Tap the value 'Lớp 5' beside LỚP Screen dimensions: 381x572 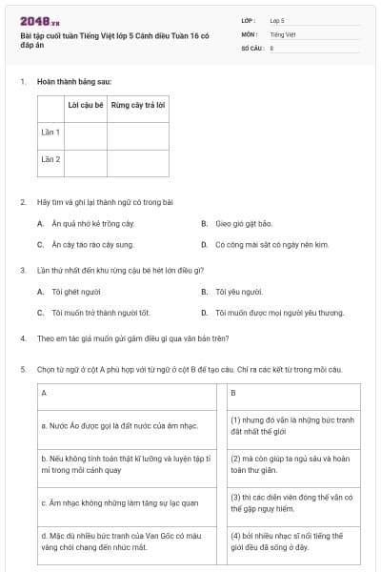tap(277, 19)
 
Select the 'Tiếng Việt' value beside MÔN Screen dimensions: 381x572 tap(283, 33)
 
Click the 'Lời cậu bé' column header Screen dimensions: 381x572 tap(85, 104)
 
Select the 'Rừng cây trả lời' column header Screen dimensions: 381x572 tap(138, 104)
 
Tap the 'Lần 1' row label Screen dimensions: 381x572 tap(50, 132)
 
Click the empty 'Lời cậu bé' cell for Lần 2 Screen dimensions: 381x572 tap(85, 159)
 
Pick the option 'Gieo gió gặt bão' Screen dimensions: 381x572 tap(244, 223)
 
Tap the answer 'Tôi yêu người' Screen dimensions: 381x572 tap(238, 291)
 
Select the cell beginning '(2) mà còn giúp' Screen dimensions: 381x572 tap(293, 462)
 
